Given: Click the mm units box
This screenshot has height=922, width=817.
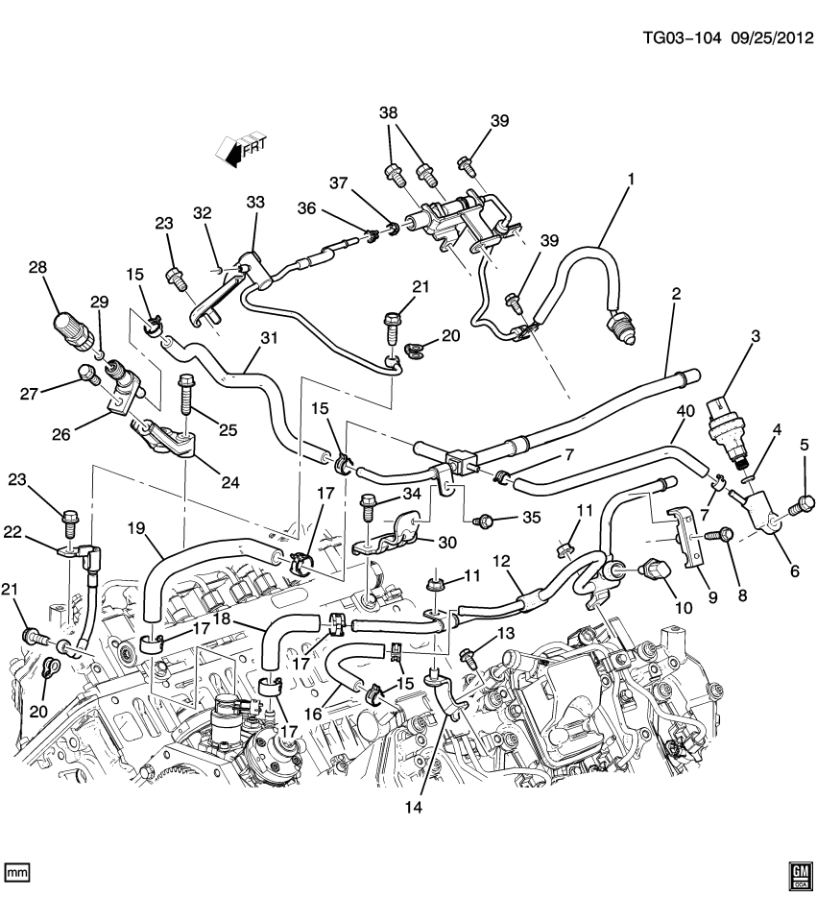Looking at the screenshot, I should coord(18,872).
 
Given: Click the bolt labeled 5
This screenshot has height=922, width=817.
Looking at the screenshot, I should coord(804,501).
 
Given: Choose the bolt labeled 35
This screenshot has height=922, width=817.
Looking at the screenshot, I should coord(486,521).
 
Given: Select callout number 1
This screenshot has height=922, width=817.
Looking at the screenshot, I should coord(631,179).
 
